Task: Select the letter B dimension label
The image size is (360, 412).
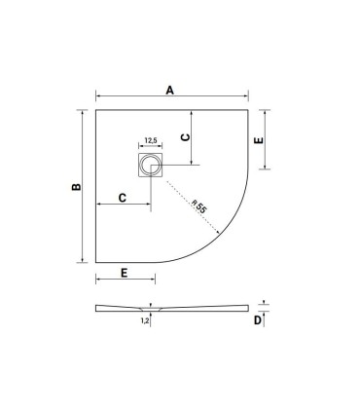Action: click(78, 186)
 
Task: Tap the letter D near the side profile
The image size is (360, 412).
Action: click(258, 319)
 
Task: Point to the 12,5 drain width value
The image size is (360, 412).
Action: click(152, 140)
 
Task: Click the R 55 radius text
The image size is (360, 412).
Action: click(198, 207)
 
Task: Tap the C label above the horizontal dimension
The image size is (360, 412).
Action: click(122, 198)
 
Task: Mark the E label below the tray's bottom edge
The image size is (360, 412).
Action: click(125, 273)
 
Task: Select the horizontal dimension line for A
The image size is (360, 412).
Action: click(171, 98)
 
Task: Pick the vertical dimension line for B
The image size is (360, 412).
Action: click(86, 186)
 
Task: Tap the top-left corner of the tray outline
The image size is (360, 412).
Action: click(96, 110)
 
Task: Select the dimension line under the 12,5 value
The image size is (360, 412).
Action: click(152, 147)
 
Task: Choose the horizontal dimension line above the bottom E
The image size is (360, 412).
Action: click(124, 281)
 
